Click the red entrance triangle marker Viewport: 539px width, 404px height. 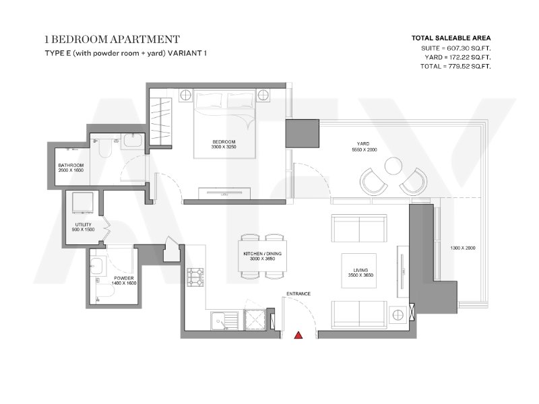click(x=298, y=335)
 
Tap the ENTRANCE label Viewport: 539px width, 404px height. click(x=298, y=294)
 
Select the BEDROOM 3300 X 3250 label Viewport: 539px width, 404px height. click(x=224, y=144)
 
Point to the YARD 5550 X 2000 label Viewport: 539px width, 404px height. click(x=364, y=147)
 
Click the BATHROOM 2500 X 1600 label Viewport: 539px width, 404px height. click(x=71, y=168)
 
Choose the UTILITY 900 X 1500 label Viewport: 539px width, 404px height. click(x=83, y=227)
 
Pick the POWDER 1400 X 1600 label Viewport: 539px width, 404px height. click(x=124, y=281)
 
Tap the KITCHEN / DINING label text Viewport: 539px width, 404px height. click(x=262, y=254)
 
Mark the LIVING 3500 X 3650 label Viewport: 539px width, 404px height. click(x=360, y=273)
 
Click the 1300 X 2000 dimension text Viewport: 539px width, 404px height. click(x=463, y=248)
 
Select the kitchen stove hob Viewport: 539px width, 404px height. click(x=195, y=277)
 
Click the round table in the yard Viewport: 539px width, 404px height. click(x=393, y=166)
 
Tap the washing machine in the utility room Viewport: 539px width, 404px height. click(x=82, y=203)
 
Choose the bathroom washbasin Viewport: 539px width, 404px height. click(x=133, y=141)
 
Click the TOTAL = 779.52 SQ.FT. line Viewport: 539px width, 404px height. click(x=455, y=66)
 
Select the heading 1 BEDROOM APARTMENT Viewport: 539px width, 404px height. click(x=112, y=40)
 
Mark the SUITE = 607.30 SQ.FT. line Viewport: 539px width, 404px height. click(x=456, y=48)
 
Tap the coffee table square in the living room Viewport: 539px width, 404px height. click(x=358, y=271)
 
